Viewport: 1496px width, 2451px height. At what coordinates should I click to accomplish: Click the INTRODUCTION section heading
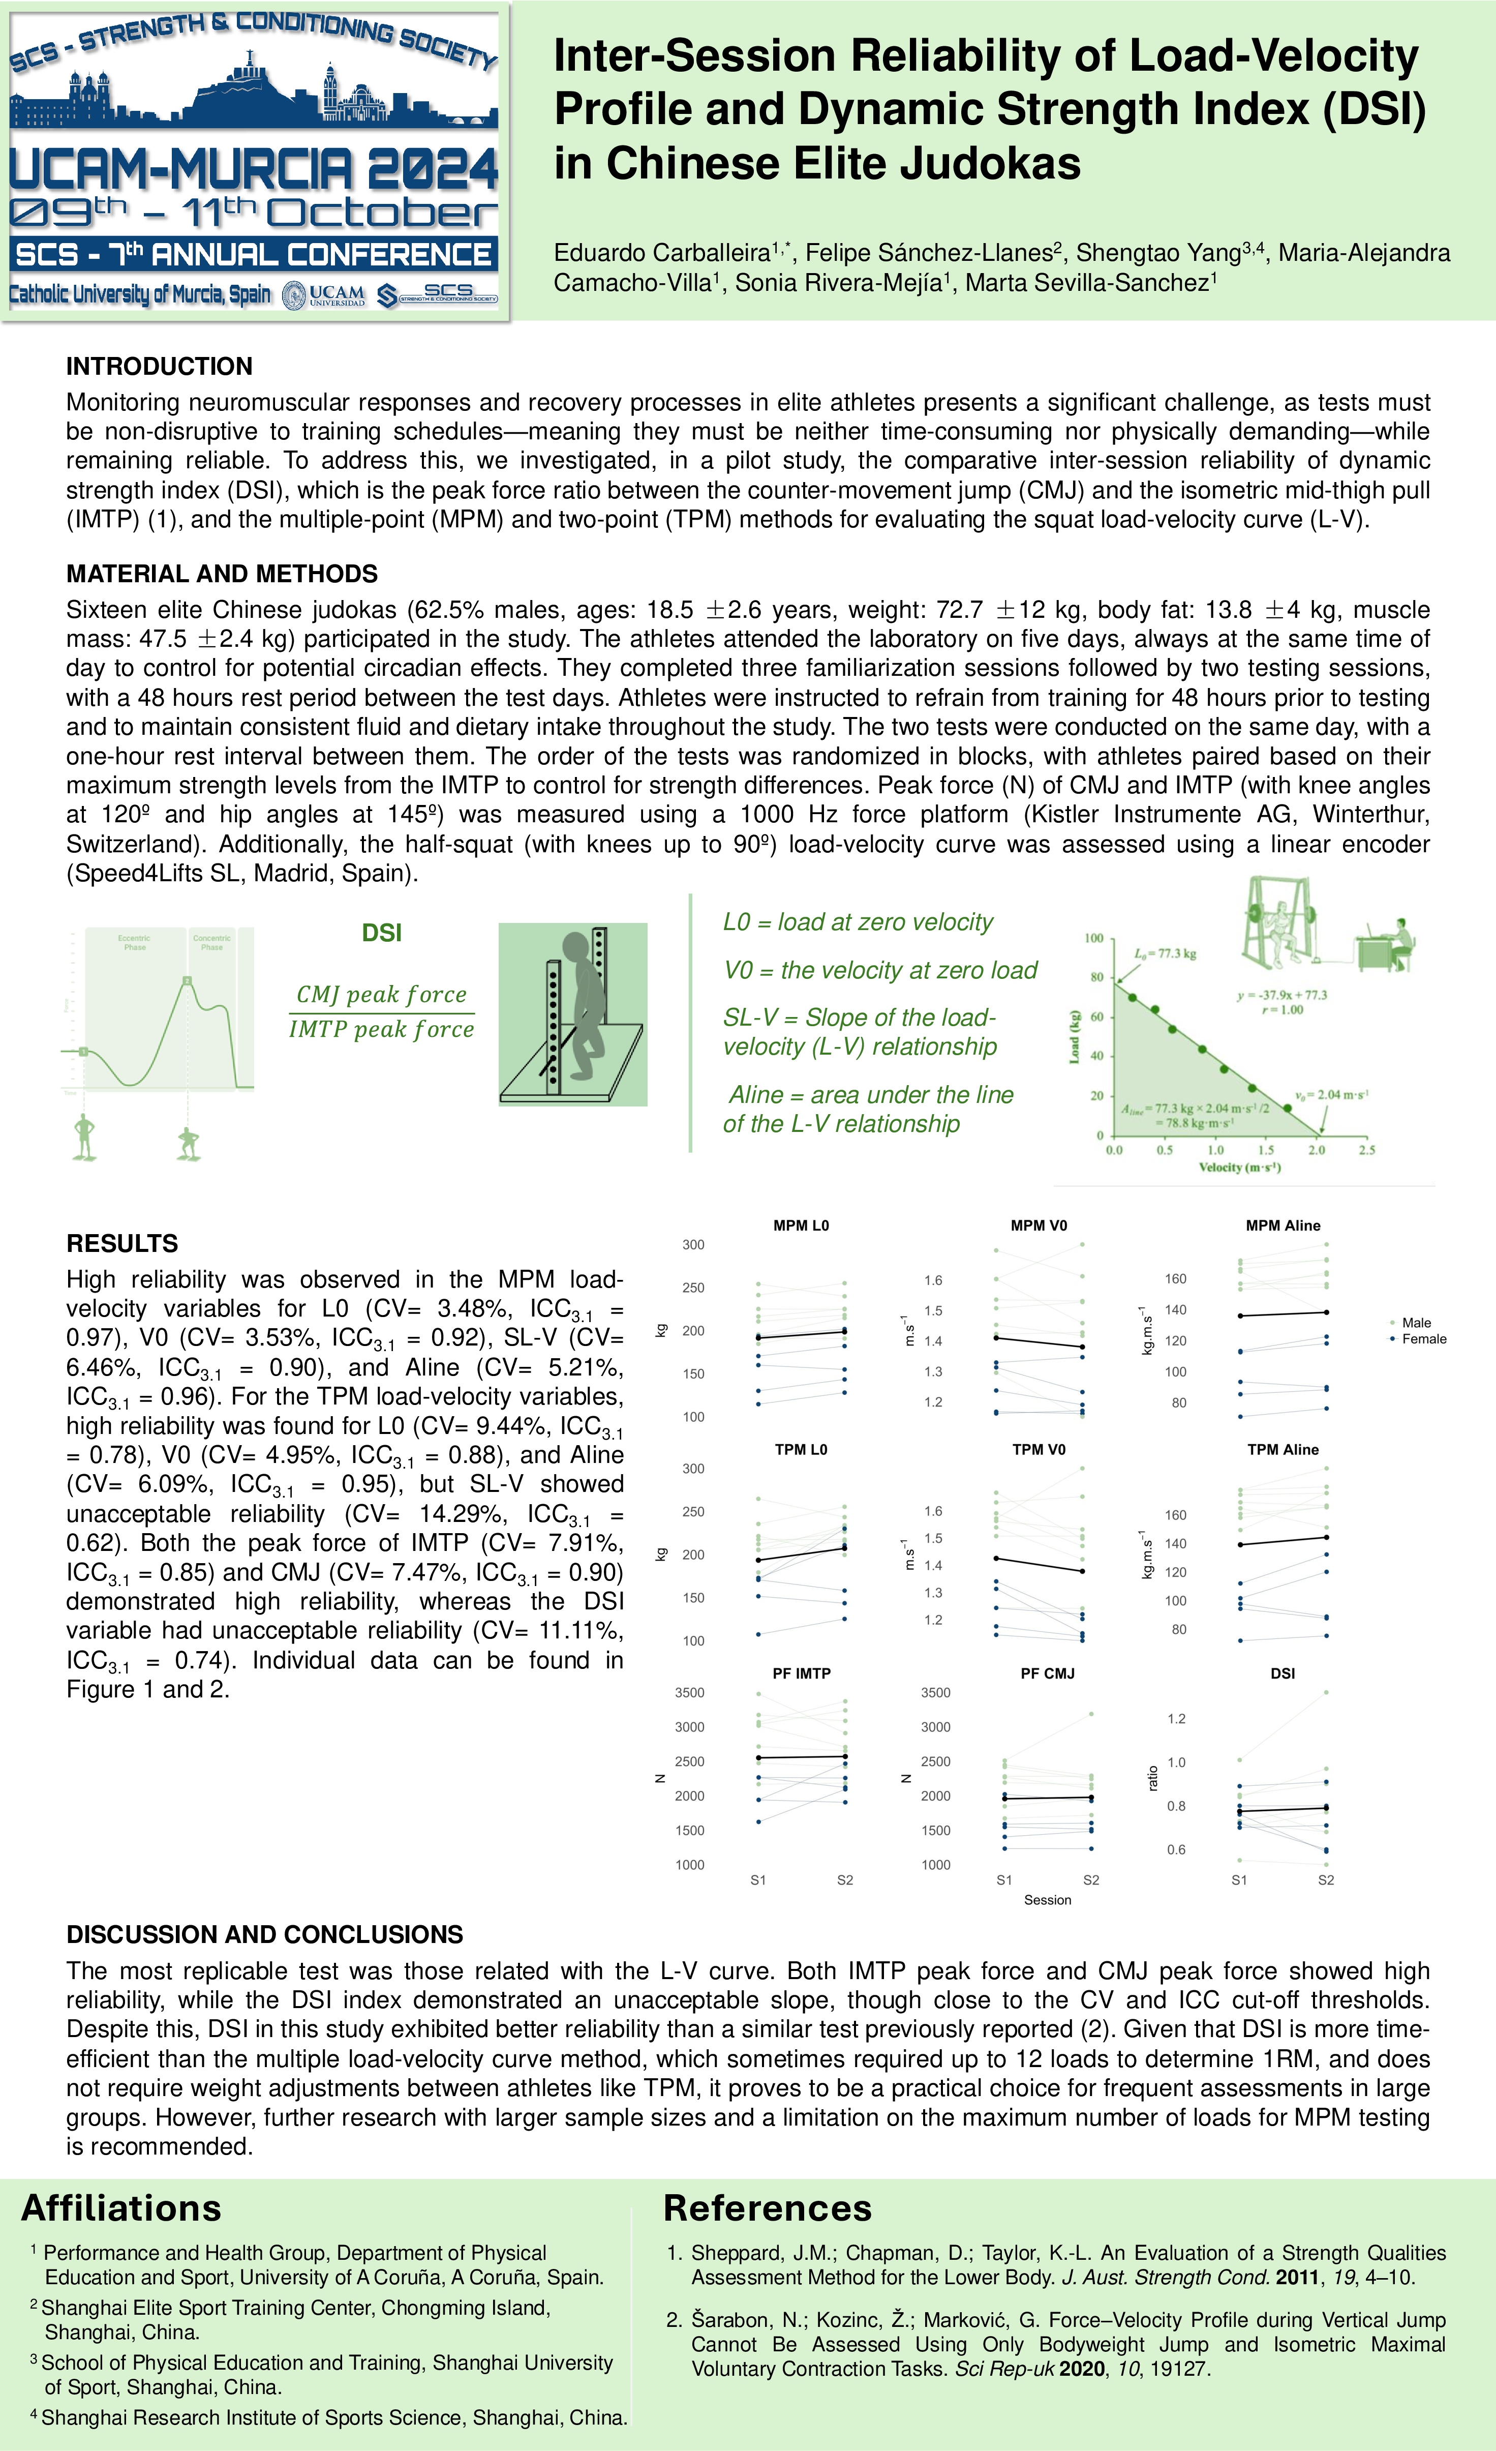159,366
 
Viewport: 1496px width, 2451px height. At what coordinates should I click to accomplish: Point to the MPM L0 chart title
801,1225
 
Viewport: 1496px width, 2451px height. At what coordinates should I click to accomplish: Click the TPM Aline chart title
1282,1449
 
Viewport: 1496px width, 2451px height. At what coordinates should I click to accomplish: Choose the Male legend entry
1416,1323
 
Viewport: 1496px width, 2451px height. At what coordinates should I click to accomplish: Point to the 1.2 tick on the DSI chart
1176,1719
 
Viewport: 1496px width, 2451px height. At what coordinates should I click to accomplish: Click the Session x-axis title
1047,1900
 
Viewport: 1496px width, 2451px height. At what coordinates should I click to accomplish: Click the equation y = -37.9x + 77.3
1281,995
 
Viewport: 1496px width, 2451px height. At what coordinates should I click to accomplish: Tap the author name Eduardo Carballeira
662,253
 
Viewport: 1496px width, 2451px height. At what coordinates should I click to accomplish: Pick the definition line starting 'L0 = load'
858,922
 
